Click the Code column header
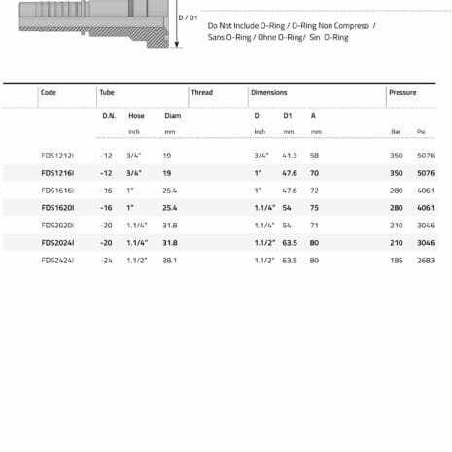point(49,93)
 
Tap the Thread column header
point(201,93)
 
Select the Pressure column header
point(402,93)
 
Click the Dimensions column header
point(268,93)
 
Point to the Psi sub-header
point(421,131)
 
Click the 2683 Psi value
point(425,261)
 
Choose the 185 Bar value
point(396,261)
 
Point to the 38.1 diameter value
point(170,261)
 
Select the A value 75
point(315,208)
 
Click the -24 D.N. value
point(106,261)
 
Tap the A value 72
point(315,191)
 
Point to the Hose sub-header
point(136,116)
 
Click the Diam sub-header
point(172,116)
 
